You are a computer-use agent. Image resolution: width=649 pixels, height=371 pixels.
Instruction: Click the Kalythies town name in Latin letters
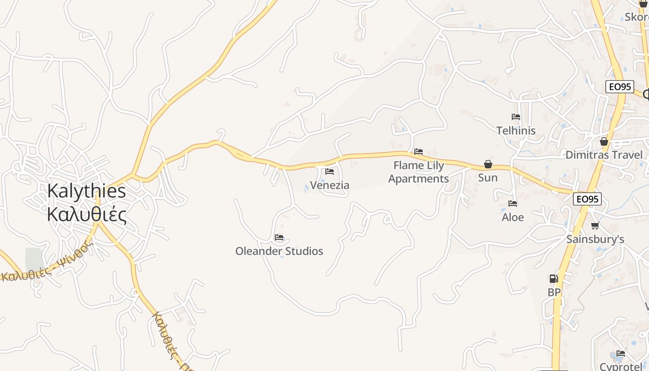click(87, 191)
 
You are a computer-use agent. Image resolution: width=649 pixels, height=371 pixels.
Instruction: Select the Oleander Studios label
click(279, 251)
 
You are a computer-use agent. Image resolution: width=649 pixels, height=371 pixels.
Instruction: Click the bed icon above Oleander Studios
click(279, 237)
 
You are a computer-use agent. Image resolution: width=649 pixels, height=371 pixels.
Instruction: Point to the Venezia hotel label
click(330, 185)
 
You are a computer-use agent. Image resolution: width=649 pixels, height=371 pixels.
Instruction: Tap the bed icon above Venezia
click(330, 172)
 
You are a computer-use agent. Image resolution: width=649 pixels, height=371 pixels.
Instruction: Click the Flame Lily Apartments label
click(419, 172)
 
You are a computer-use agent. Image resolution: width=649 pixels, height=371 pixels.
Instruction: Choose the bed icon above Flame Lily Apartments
click(419, 152)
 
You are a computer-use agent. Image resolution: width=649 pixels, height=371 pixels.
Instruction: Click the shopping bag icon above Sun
click(488, 164)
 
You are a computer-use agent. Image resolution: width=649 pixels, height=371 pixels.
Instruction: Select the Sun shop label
click(488, 178)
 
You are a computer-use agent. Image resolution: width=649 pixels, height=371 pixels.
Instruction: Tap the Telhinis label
click(516, 131)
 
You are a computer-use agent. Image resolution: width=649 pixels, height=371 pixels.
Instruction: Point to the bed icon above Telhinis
click(516, 117)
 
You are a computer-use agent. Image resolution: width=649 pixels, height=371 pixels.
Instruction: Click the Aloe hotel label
click(513, 217)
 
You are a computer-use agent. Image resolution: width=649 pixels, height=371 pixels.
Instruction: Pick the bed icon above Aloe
click(513, 204)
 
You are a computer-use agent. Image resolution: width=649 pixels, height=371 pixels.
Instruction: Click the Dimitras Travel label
click(604, 155)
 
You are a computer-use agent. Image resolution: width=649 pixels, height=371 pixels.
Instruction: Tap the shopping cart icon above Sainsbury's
click(595, 226)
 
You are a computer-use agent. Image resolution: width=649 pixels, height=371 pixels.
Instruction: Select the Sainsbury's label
click(595, 239)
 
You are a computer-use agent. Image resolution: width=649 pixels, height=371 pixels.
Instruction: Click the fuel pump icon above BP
click(554, 279)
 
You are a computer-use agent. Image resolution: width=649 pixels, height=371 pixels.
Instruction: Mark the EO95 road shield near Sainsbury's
click(587, 199)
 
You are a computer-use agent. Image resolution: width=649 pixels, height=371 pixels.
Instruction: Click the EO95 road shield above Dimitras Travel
click(619, 87)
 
